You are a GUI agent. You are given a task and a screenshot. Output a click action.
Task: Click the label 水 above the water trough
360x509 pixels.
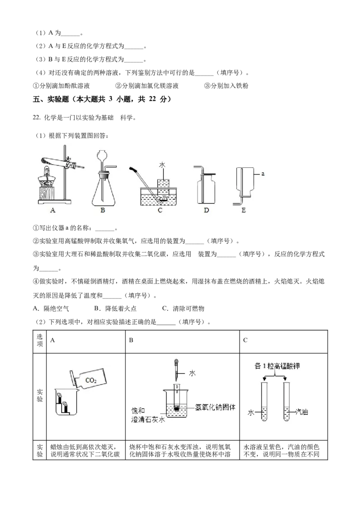coord(162,165)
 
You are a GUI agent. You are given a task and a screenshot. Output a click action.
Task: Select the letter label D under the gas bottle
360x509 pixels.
coord(206,210)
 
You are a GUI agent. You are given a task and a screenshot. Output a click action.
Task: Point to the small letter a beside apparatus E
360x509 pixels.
coord(263,174)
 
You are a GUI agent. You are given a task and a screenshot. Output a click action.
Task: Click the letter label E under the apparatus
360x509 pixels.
coord(244,210)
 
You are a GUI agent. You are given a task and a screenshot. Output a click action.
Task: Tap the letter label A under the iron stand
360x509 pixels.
coord(53,210)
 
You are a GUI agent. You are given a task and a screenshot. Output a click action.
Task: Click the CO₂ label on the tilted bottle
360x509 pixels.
coord(91,380)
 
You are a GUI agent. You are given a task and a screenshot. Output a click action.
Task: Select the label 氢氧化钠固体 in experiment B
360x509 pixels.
coord(215,407)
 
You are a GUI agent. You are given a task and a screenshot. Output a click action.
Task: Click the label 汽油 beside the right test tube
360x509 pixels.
coord(301,412)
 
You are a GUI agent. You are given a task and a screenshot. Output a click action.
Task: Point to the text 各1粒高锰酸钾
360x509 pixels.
coord(277,366)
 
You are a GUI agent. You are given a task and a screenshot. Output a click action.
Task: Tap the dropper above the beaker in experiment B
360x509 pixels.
coord(176,370)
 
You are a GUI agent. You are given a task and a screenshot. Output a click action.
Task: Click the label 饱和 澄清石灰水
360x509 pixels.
coord(148,415)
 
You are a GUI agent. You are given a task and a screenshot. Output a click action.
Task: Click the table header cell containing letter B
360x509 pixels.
coord(182,341)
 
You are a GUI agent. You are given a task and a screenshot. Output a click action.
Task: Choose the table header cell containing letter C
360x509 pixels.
coord(283,341)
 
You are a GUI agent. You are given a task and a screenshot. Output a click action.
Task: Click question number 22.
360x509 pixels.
coord(37,118)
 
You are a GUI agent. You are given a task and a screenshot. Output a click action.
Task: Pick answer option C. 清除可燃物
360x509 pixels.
coord(183,308)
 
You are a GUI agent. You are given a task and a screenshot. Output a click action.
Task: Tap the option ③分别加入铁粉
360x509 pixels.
coord(226,86)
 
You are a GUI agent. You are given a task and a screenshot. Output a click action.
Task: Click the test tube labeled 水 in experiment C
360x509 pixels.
coord(264,402)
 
